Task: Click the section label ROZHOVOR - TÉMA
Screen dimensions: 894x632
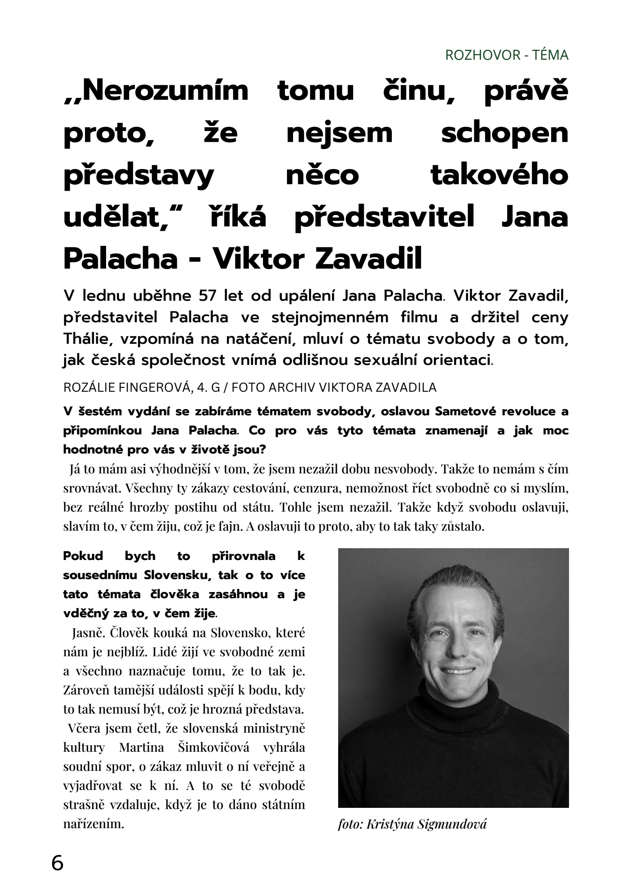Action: [506, 55]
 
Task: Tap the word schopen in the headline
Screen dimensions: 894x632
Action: [504, 134]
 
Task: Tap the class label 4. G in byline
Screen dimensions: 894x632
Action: [208, 388]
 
